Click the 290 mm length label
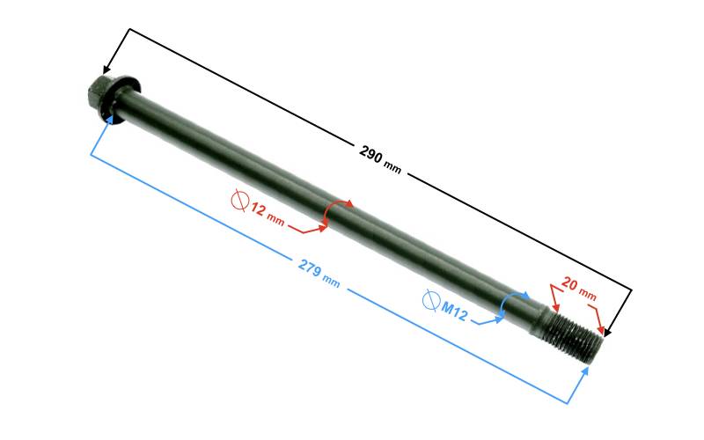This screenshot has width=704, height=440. point(380,159)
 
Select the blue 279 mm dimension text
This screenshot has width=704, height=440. point(319,273)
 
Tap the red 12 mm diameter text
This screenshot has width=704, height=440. point(268,214)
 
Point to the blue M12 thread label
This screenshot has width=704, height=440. point(454,311)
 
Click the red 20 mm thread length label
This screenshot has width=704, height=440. point(579,290)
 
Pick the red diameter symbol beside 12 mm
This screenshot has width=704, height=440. point(240,201)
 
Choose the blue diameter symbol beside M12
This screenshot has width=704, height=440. point(431,300)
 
